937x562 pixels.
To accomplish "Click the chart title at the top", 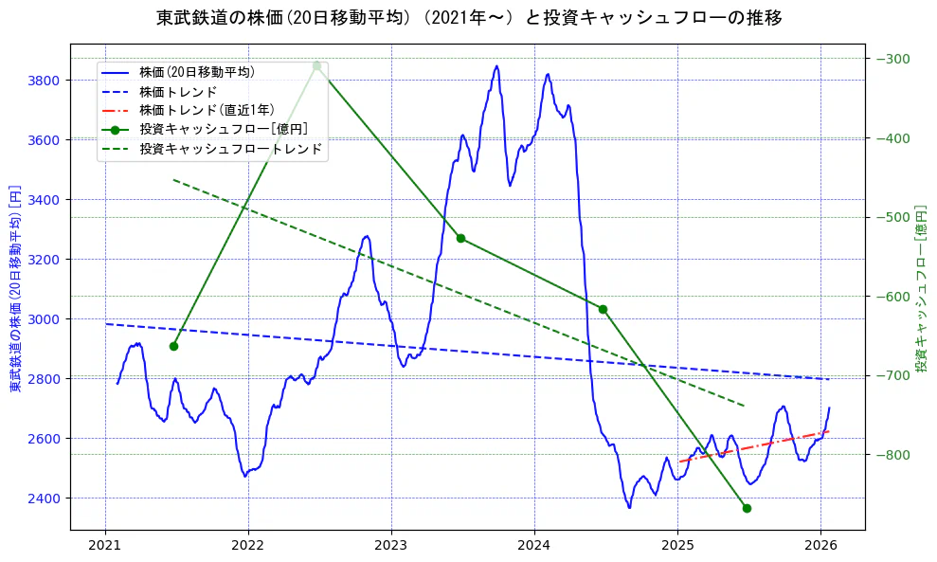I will coord(469,18).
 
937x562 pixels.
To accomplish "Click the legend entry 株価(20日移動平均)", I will coord(196,71).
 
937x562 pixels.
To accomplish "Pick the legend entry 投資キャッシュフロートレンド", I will coord(230,149).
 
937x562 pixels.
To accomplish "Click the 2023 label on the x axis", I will coord(391,545).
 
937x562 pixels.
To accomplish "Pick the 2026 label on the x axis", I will coord(820,545).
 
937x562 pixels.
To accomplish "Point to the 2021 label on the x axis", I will coord(105,545).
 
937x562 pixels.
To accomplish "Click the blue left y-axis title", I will coord(15,287).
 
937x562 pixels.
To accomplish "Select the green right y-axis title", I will coord(921,287).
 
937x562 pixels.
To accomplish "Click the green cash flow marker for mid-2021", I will coord(173,346).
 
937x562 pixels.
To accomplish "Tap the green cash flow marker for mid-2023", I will coord(460,238).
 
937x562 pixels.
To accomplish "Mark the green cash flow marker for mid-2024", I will coord(603,309).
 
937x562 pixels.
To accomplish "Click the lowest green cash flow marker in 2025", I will coord(747,508).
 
